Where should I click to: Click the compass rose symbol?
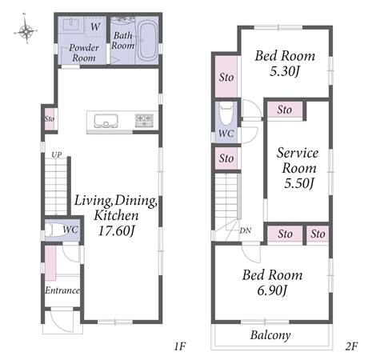(26, 31)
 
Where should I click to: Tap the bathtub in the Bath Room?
(147, 41)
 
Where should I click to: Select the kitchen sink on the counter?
(106, 122)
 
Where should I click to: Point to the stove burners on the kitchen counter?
(144, 120)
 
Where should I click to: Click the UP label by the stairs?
(57, 154)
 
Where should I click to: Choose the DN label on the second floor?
(245, 230)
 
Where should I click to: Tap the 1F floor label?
(180, 346)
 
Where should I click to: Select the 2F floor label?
(351, 346)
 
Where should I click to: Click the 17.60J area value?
(116, 231)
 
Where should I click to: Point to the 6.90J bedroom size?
(273, 290)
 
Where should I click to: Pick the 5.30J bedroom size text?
(285, 71)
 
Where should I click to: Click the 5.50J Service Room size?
(298, 183)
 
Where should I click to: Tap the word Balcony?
(270, 335)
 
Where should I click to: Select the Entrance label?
(62, 290)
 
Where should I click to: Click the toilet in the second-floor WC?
(226, 114)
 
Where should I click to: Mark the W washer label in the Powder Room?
(95, 26)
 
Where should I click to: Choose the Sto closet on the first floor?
(50, 118)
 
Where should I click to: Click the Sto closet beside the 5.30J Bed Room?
(226, 78)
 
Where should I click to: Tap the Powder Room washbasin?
(71, 24)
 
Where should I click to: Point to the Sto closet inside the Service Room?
(285, 110)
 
